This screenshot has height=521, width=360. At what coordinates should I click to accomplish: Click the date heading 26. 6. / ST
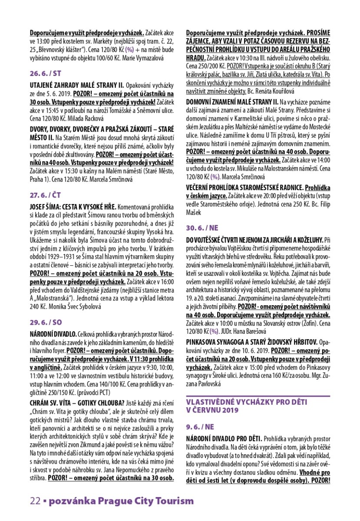[45, 73]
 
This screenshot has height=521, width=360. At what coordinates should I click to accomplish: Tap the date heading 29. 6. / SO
[46, 311]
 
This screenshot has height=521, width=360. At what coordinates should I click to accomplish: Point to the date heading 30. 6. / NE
[202, 228]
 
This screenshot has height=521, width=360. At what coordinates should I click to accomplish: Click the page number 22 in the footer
[35, 501]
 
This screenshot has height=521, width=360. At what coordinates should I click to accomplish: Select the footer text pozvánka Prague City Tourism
[121, 501]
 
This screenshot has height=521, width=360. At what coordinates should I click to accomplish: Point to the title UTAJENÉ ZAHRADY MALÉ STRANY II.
[77, 84]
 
